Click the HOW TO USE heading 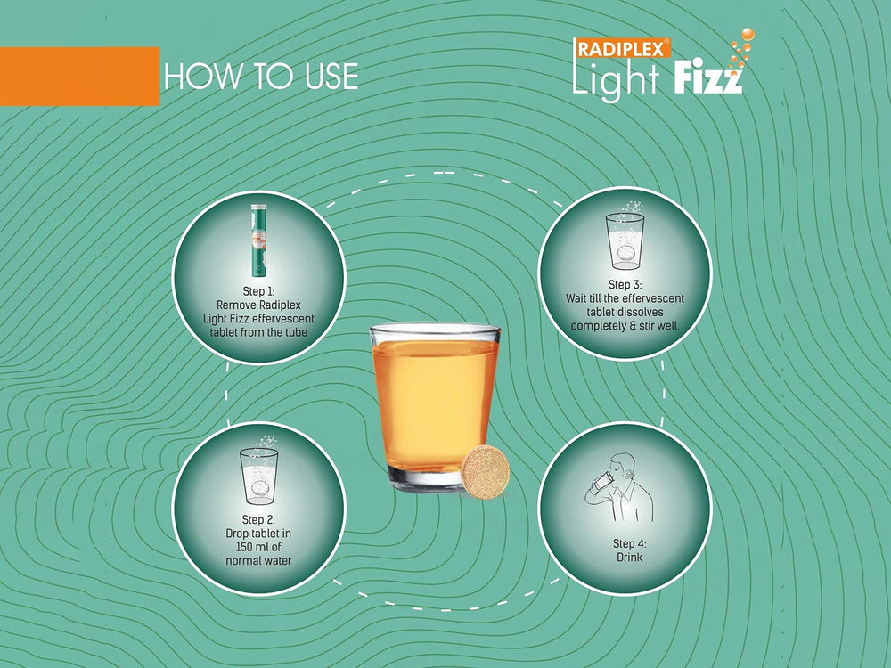click(x=261, y=77)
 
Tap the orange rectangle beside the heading click(x=79, y=77)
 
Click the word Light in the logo click(x=616, y=79)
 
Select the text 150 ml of click(x=258, y=546)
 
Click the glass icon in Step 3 click(x=625, y=238)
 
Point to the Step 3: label click(x=625, y=284)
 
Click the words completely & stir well click(x=625, y=326)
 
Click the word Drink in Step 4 click(x=625, y=558)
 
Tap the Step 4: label click(x=625, y=542)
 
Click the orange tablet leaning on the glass click(x=484, y=468)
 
